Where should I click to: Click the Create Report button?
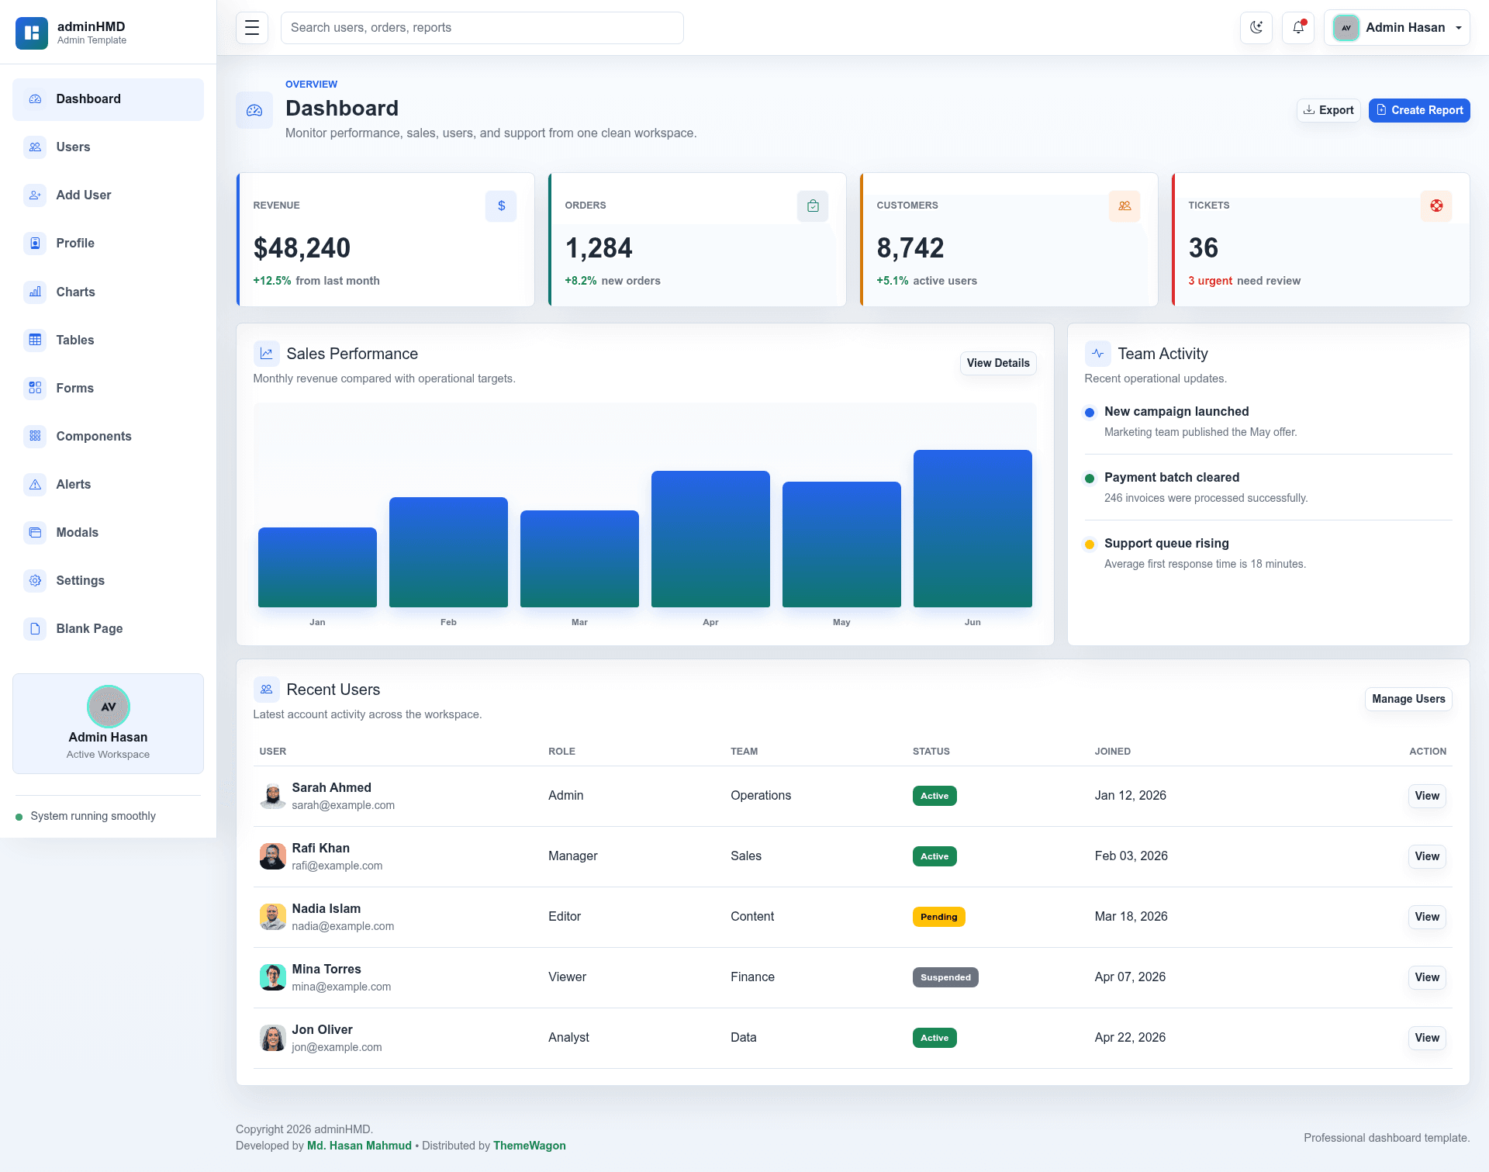click(x=1419, y=110)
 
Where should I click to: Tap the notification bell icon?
click(x=1298, y=28)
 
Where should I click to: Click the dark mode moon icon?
click(x=1256, y=28)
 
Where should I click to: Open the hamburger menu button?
click(x=252, y=28)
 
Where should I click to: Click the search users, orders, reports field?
click(x=482, y=28)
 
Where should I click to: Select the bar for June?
click(x=973, y=528)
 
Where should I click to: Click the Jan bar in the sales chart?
click(x=317, y=567)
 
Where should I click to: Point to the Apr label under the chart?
click(x=710, y=622)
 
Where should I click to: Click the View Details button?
click(x=998, y=363)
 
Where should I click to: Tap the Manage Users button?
click(x=1408, y=699)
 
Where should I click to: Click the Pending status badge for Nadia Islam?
click(x=938, y=917)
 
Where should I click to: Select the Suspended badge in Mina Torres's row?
click(x=945, y=977)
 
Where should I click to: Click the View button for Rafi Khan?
click(x=1427, y=856)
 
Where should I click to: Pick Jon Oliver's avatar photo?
click(x=272, y=1038)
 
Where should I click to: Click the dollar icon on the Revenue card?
click(x=501, y=206)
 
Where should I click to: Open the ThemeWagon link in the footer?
click(x=530, y=1146)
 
